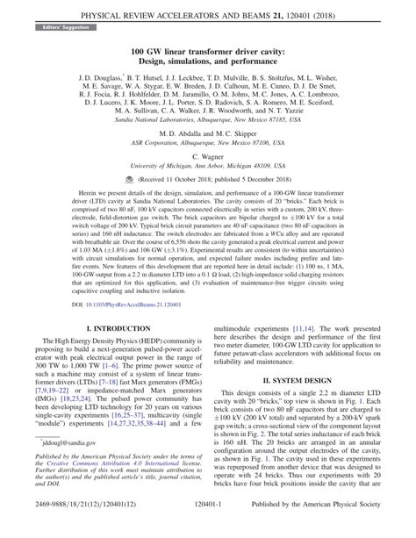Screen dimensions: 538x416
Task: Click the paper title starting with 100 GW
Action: click(208, 53)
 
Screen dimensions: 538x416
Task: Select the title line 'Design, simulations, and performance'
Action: click(208, 65)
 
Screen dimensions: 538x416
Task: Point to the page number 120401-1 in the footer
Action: click(208, 526)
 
